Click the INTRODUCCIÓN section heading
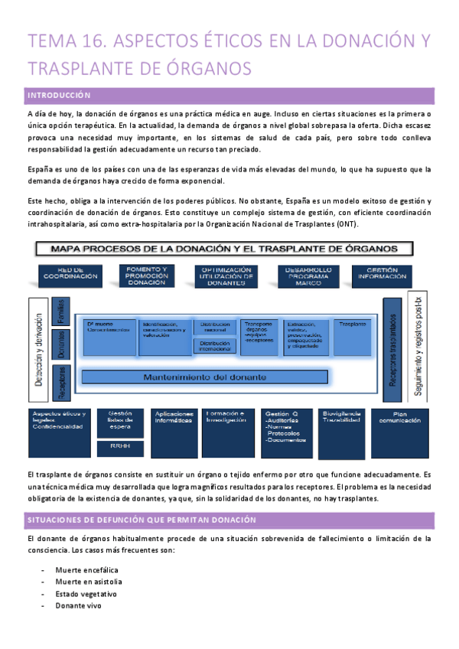coord(59,96)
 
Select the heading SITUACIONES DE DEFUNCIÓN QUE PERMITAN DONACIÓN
coord(141,520)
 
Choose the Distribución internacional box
coord(215,347)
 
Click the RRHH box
coord(120,445)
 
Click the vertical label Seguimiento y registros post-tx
coord(418,345)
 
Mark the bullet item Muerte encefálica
coord(86,570)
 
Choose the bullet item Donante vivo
coord(78,606)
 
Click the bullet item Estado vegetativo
coord(86,594)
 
